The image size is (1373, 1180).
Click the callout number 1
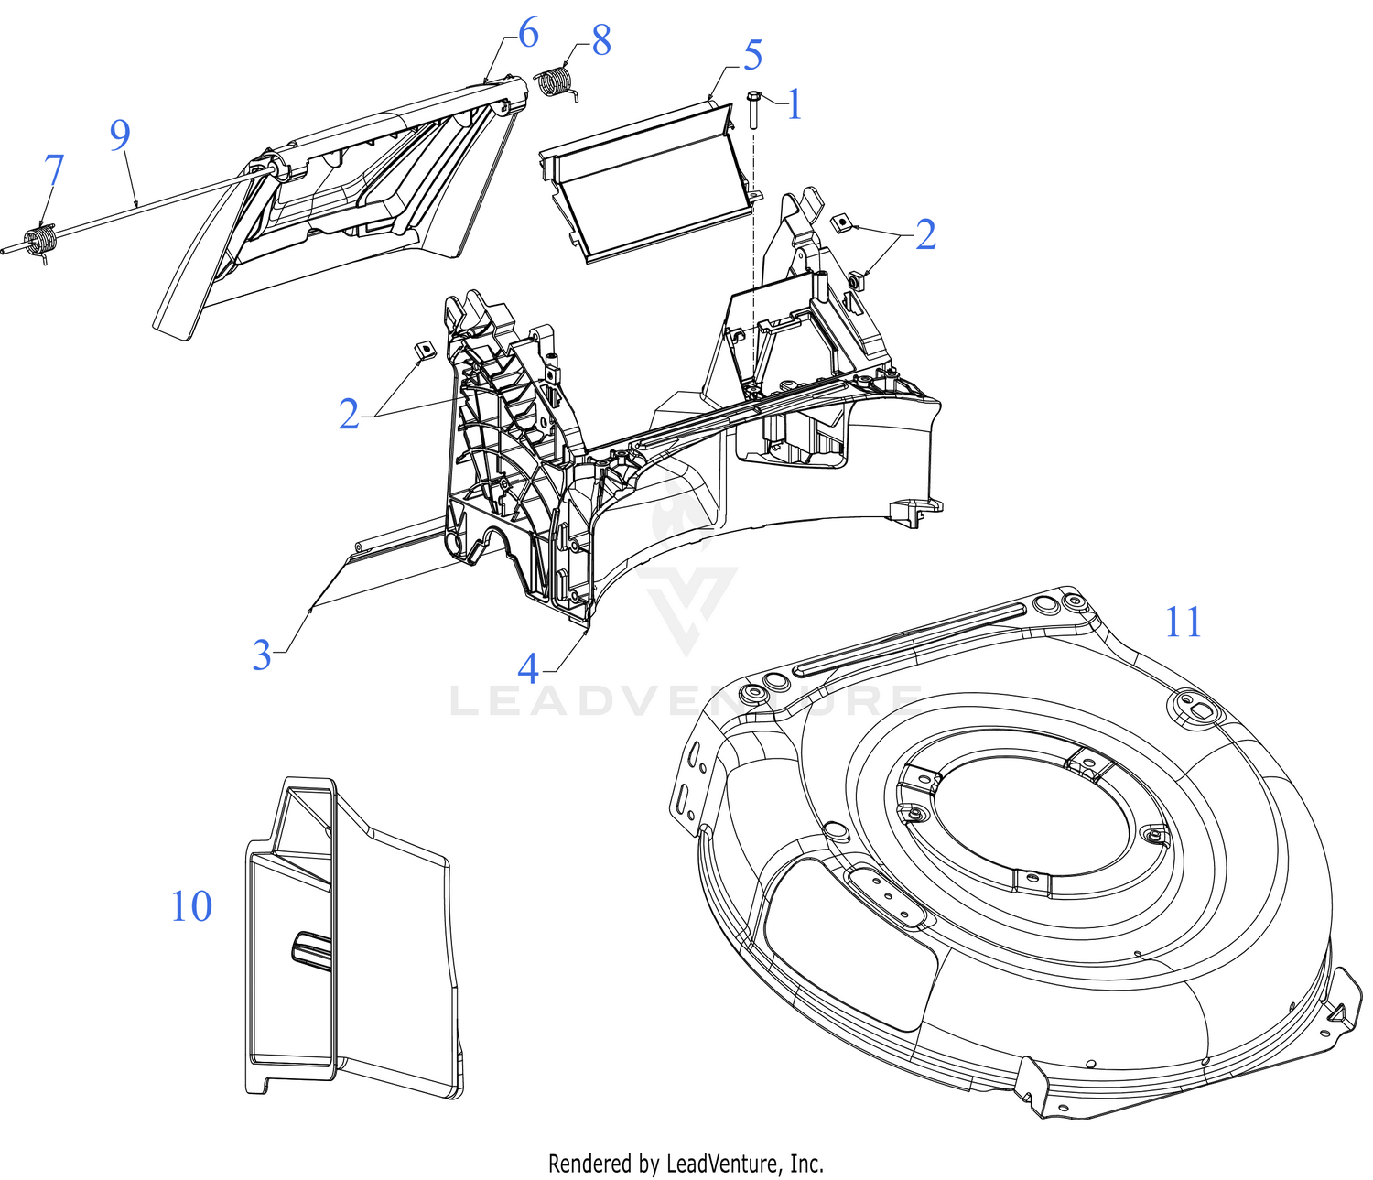point(795,104)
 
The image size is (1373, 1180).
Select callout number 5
point(752,55)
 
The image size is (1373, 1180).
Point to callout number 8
point(600,40)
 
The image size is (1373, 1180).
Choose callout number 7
point(54,171)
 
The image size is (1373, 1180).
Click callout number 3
point(262,655)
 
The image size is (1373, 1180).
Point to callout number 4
point(528,668)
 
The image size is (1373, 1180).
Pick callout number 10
point(191,906)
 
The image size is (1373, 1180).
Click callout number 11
point(1183,622)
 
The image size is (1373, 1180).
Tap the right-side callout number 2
point(925,234)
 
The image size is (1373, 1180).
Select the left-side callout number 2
point(349,415)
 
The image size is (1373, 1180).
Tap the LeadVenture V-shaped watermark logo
point(688,604)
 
